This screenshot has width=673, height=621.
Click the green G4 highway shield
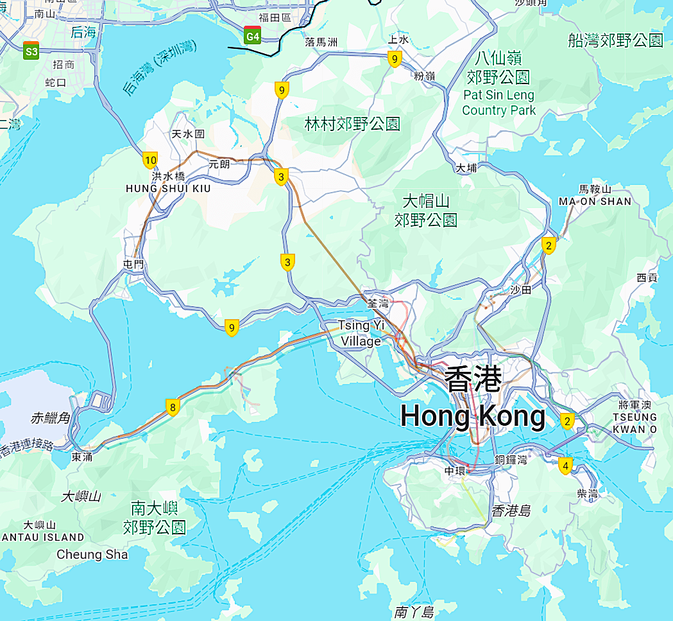coord(253,36)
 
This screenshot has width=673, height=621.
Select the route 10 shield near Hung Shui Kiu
coord(150,160)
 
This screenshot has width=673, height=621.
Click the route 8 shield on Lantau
coord(172,407)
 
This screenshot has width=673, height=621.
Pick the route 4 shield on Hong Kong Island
coord(565,466)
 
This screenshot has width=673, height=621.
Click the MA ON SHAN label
coord(595,201)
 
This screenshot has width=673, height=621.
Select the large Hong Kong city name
coord(473,399)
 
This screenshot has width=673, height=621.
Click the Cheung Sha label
coord(92,554)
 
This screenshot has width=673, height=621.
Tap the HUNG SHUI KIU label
coord(168,189)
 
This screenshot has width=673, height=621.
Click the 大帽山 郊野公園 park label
coord(425,209)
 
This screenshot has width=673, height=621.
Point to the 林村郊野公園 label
coord(352,125)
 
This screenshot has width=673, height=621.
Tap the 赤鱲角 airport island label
coord(49,418)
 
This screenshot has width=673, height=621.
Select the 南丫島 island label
coord(414,611)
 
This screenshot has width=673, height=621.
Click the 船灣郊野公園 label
coord(615,41)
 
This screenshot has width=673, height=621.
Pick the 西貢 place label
coord(647,277)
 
